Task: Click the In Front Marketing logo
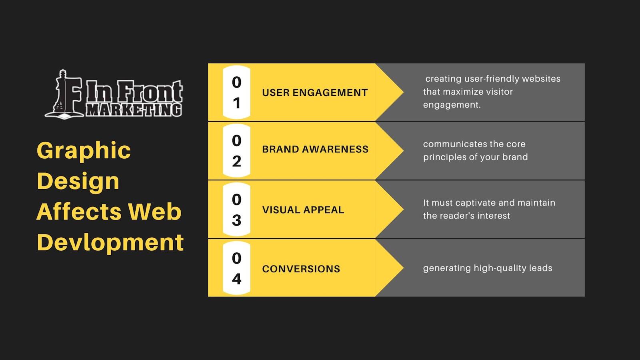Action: tap(114, 94)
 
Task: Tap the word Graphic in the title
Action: tap(84, 150)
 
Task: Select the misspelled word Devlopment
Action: tap(110, 242)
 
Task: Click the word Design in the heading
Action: tap(78, 181)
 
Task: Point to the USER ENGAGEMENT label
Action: tap(315, 93)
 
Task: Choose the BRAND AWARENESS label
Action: tap(315, 149)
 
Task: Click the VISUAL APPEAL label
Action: tap(303, 210)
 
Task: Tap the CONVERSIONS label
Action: tap(301, 269)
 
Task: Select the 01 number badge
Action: tap(236, 92)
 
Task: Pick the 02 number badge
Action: tap(236, 151)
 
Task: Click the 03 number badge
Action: tap(236, 210)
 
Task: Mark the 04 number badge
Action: tap(236, 268)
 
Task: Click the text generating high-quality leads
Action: tap(488, 268)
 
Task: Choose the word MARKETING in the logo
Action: tap(134, 110)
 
